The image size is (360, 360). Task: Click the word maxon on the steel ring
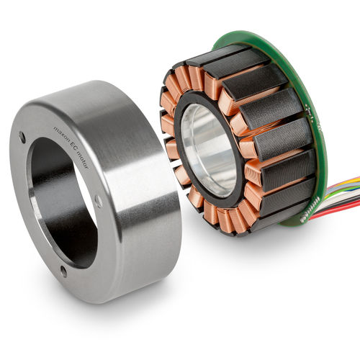[x=60, y=135]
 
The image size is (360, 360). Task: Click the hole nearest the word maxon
[x=22, y=138]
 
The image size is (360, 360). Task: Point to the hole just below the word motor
[x=99, y=202]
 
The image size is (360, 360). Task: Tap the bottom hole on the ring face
[x=63, y=271]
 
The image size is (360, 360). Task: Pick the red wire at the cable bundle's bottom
[x=336, y=214]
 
